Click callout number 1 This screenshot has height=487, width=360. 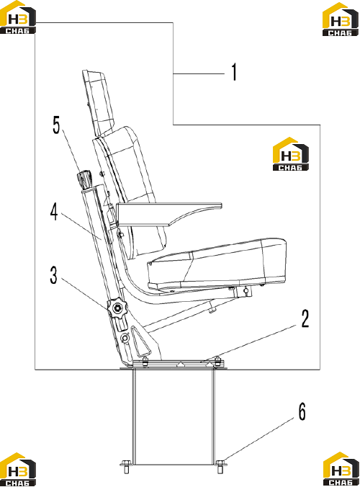234,72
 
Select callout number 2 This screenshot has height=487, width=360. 305,318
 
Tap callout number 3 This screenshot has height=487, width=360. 54,275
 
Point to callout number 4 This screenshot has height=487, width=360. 54,213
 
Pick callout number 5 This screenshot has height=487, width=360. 56,125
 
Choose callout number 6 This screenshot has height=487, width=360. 302,411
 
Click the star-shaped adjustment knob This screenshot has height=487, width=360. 117,308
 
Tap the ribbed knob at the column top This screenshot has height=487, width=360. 84,179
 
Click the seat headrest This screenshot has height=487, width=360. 98,102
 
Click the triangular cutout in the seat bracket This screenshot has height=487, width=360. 141,342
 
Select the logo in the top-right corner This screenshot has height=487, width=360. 341,19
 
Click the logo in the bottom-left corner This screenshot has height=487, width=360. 18,469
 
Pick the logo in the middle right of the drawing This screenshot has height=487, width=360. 291,153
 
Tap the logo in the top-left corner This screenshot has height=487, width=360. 18,17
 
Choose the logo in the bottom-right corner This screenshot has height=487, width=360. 341,469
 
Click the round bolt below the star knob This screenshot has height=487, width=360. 125,338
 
